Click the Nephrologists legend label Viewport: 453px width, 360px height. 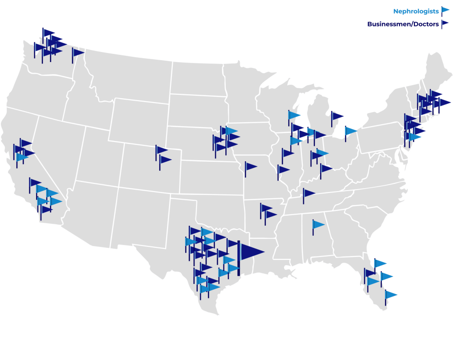tap(416, 11)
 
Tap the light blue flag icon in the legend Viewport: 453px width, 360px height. tap(445, 11)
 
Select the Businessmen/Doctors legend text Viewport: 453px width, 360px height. tap(403, 24)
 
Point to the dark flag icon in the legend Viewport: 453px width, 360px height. tap(445, 23)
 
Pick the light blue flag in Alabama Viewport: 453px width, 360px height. tap(318, 224)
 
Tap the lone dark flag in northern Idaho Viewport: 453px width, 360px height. tap(78, 52)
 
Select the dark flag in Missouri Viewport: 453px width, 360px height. tap(250, 167)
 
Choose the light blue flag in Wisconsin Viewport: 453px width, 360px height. tap(294, 115)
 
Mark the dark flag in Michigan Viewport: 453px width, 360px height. tap(337, 116)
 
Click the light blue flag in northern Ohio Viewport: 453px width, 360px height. tap(351, 130)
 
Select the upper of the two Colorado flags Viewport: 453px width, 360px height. tap(161, 150)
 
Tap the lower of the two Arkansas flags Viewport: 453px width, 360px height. tap(271, 214)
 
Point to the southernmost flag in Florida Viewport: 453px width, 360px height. tap(390, 294)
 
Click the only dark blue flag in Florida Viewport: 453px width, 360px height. tap(370, 273)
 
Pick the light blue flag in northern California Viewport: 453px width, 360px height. tap(22, 157)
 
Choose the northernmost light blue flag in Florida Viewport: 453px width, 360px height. tap(380, 263)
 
